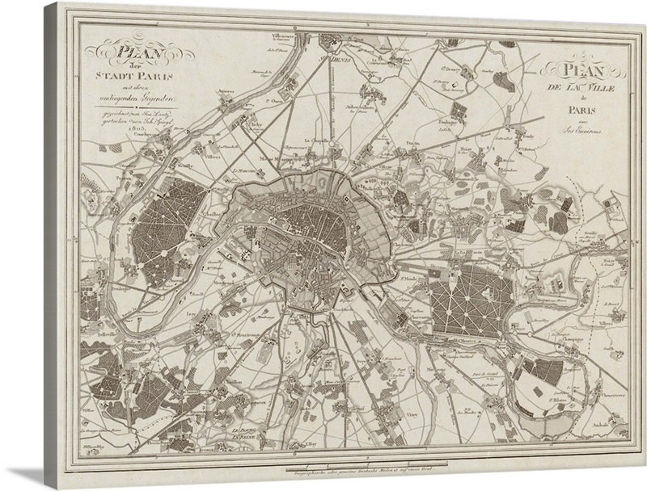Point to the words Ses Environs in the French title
[x=582, y=129]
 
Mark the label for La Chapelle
[x=315, y=140]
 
